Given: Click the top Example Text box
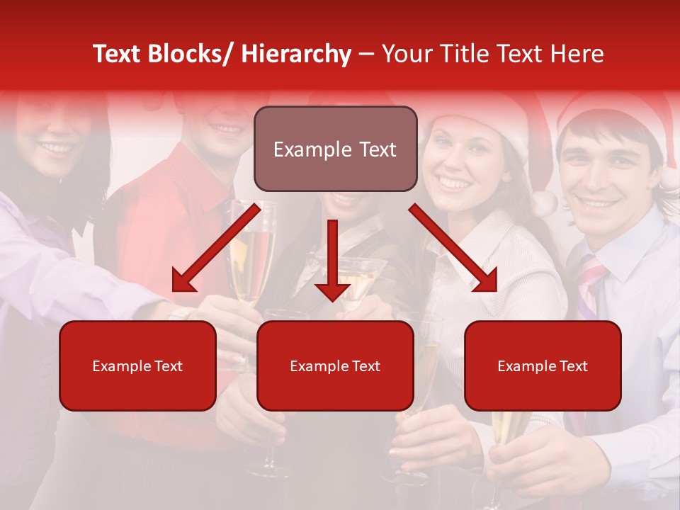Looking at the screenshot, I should pos(335,149).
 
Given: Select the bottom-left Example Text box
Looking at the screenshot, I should pos(137,366).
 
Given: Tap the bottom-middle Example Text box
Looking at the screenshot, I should pos(335,366).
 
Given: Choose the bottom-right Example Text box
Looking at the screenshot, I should pos(543,366).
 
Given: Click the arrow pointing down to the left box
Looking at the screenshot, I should pos(215,247).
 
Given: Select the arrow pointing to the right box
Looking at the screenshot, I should pos(453,248).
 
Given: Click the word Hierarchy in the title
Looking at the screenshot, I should pos(296,54).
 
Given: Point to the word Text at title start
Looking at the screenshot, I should pos(116,54).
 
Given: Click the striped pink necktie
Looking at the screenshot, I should pos(590,283).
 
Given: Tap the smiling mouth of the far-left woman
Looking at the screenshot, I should pos(57,149).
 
